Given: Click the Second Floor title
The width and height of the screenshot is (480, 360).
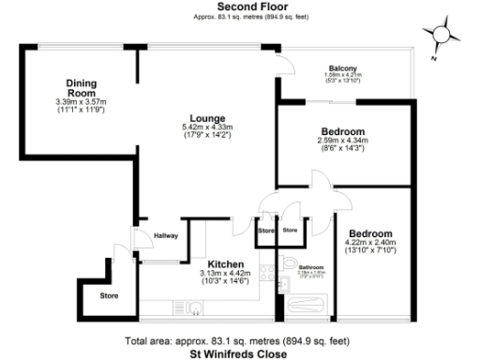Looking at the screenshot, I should [x=240, y=7].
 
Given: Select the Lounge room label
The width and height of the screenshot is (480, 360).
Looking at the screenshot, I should [x=207, y=118].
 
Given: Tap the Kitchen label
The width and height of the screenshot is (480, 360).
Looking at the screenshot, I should [x=226, y=264].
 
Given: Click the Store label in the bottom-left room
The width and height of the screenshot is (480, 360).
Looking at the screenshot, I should [x=97, y=297].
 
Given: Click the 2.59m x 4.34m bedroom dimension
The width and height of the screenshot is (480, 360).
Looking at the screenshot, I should [x=342, y=142].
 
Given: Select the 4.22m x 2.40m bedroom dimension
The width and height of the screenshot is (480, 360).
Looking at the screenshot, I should [x=370, y=243].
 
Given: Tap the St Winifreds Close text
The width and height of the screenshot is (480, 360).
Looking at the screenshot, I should [x=240, y=354].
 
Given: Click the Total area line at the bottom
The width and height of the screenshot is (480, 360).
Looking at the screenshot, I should [x=240, y=342].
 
